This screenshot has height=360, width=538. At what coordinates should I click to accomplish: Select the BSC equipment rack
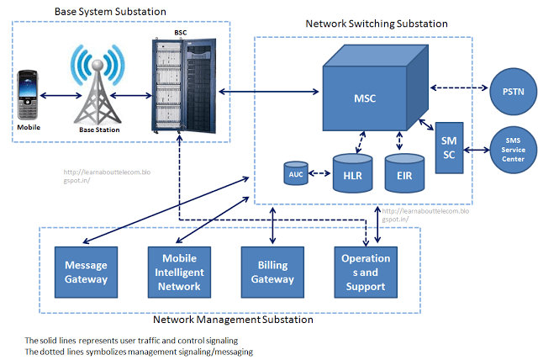182,86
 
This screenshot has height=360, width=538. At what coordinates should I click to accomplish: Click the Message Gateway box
85,272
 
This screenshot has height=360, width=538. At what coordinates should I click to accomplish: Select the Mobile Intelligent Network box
178,272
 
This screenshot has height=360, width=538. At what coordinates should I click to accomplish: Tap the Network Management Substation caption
233,320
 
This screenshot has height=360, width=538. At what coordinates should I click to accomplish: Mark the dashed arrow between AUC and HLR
319,173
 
